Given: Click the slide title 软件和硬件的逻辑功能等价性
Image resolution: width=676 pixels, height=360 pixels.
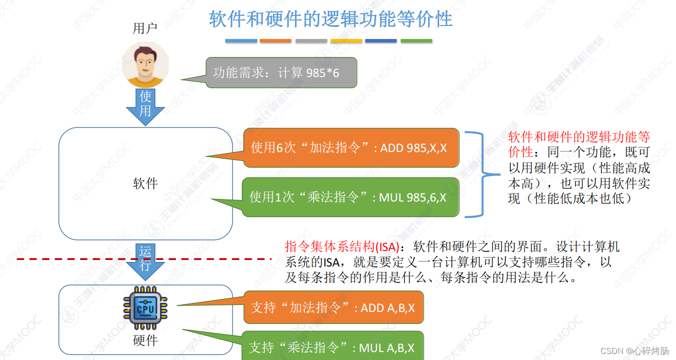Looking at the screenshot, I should point(330,19).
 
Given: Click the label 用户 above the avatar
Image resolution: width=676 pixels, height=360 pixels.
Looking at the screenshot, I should point(145,28).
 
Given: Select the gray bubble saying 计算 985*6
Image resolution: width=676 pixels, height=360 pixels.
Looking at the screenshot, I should point(281,73).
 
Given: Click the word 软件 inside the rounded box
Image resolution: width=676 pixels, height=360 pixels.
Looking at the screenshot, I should point(145,183).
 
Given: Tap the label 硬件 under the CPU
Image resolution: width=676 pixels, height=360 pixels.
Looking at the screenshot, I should point(145,340).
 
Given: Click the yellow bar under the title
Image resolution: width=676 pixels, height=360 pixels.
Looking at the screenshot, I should point(346,41).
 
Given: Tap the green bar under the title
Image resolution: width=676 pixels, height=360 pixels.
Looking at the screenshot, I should point(416,41).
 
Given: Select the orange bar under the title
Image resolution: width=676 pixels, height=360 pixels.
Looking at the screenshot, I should point(276,41).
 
